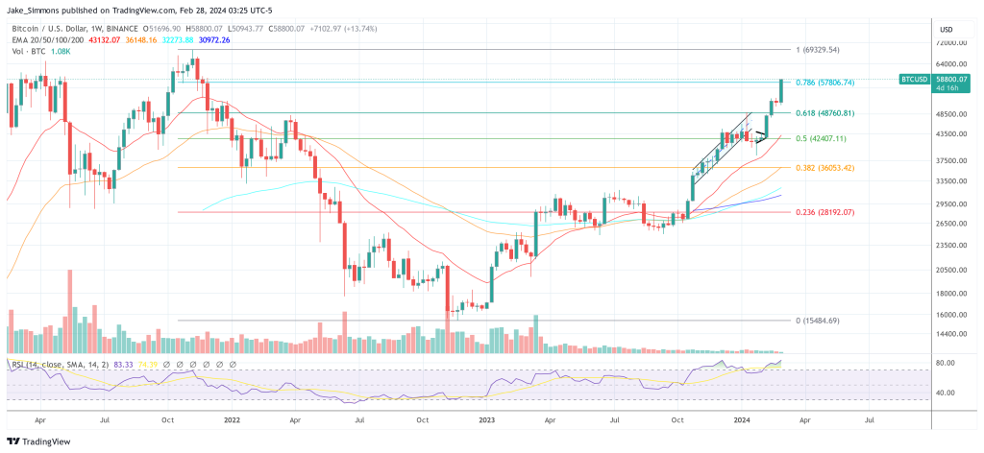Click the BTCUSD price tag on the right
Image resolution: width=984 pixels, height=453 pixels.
(914, 79)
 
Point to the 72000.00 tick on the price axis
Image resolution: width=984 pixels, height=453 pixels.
(952, 43)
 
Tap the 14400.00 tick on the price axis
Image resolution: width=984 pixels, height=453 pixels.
(952, 334)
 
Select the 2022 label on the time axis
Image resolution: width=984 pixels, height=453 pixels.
(232, 419)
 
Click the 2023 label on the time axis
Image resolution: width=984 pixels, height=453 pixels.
(487, 419)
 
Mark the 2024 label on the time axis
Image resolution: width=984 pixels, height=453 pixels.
(741, 419)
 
